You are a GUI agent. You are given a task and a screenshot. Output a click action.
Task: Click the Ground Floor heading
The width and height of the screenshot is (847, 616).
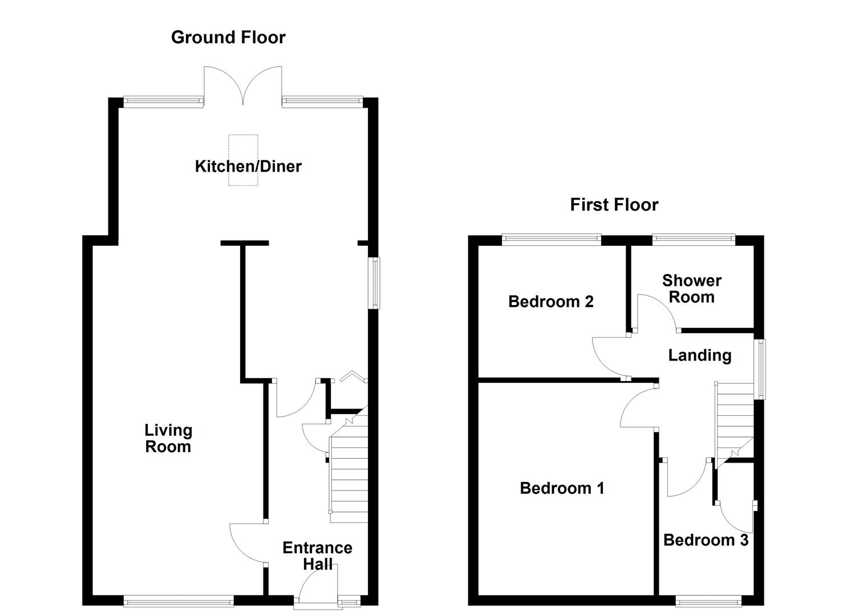coord(228,38)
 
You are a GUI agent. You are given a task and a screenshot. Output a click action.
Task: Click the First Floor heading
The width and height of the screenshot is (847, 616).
coord(614,205)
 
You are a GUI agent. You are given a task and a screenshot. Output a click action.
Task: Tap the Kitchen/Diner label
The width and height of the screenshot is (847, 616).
coord(248,167)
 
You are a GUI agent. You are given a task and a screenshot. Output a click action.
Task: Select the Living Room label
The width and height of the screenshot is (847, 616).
coord(168,439)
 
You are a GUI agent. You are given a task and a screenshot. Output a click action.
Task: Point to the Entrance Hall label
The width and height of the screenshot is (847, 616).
coord(317,556)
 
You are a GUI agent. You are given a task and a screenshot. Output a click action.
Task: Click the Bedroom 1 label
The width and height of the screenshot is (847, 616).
coord(562,488)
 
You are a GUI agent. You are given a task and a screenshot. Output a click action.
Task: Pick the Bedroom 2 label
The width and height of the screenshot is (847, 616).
coord(550,301)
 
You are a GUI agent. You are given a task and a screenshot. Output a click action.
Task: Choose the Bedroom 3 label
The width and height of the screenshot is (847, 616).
coord(706,540)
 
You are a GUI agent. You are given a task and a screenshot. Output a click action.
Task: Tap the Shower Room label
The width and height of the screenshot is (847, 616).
coord(691,289)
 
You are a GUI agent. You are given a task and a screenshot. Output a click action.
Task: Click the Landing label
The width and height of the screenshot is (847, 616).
coord(699,355)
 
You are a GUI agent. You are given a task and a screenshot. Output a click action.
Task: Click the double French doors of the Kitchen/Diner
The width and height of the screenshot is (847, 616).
coord(243,86)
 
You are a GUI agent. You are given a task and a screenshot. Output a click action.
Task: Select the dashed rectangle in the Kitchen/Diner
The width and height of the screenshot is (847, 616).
coord(243,160)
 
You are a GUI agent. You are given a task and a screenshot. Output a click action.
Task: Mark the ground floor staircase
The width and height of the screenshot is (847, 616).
coord(348,473)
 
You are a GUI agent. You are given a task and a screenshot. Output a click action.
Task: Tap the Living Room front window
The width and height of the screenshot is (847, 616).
coord(179,600)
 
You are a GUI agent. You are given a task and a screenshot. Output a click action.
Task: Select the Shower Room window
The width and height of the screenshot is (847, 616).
coord(694,240)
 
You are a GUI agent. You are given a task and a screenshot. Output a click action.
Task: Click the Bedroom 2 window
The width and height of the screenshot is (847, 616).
coord(552,240)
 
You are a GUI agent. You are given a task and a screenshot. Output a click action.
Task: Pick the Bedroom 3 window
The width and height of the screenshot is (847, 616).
coord(708,600)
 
